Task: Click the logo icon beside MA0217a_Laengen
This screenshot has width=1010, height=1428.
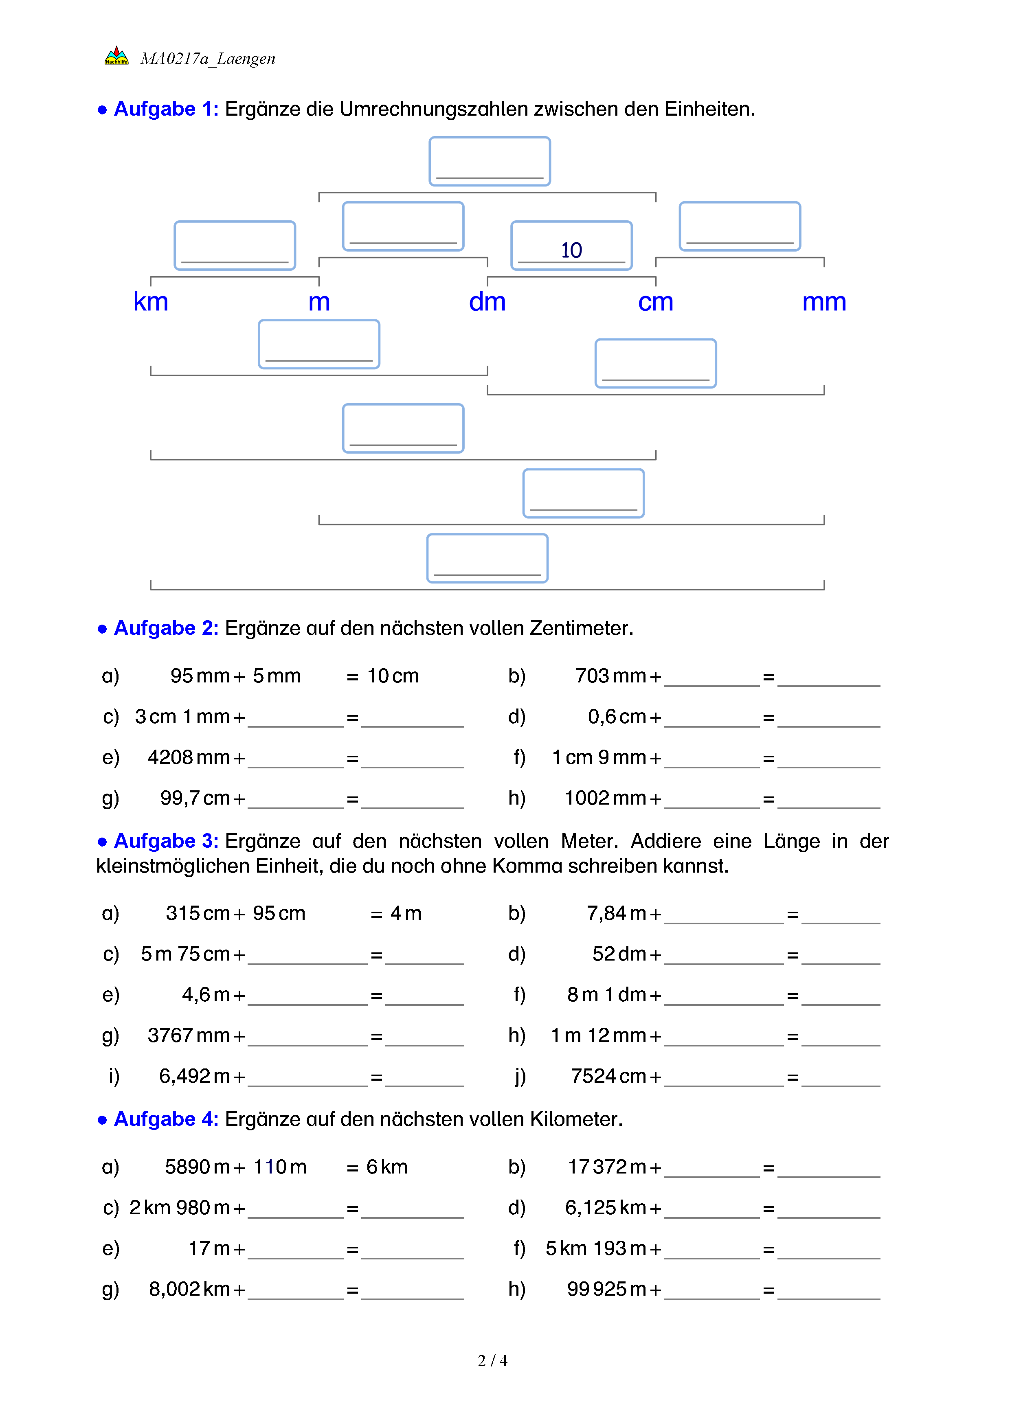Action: pos(116,56)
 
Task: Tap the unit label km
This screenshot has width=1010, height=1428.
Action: pos(151,302)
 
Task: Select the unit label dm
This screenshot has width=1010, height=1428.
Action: pos(487,302)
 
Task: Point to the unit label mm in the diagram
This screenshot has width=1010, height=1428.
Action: pos(823,302)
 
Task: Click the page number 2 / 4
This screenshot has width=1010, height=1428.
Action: pos(492,1361)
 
